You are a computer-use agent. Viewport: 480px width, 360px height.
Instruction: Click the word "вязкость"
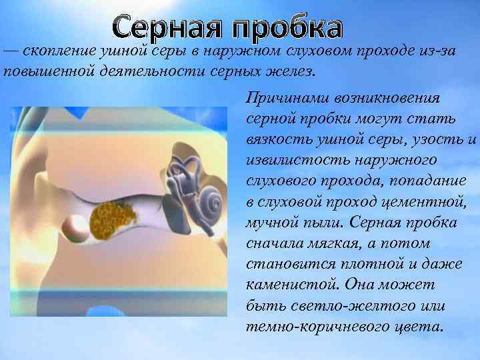coord(275,139)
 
